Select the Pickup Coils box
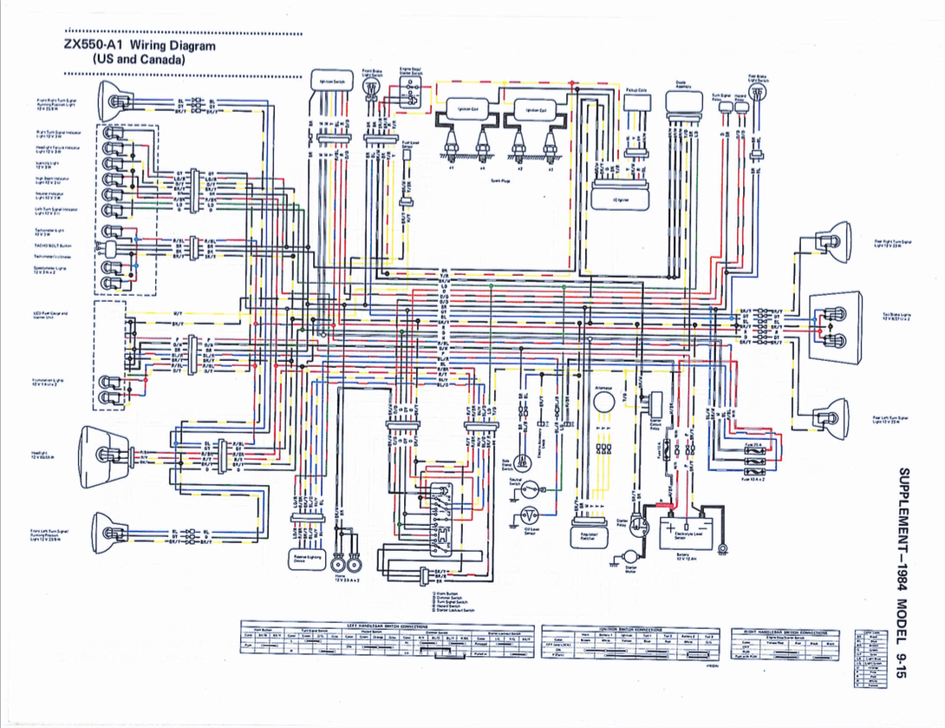(x=635, y=102)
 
